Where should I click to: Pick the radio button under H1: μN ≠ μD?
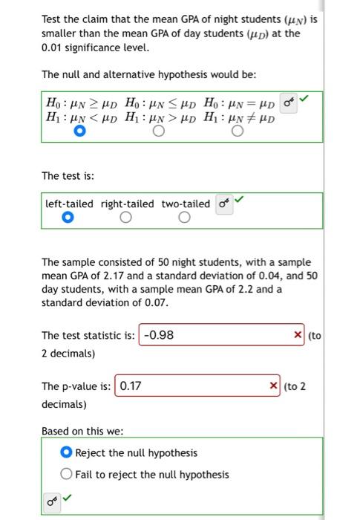tap(237, 132)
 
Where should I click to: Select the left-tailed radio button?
tap(67, 218)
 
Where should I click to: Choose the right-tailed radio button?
tap(126, 218)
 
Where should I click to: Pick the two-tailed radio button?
tap(185, 218)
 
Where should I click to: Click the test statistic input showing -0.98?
tap(215, 335)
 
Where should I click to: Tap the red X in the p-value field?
tap(274, 386)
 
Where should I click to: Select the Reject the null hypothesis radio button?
tap(67, 453)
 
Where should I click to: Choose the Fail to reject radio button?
tap(67, 475)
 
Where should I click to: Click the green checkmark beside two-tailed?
tap(238, 200)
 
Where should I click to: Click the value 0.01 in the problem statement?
tap(54, 48)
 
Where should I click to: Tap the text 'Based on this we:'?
tap(82, 431)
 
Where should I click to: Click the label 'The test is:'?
tap(68, 176)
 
